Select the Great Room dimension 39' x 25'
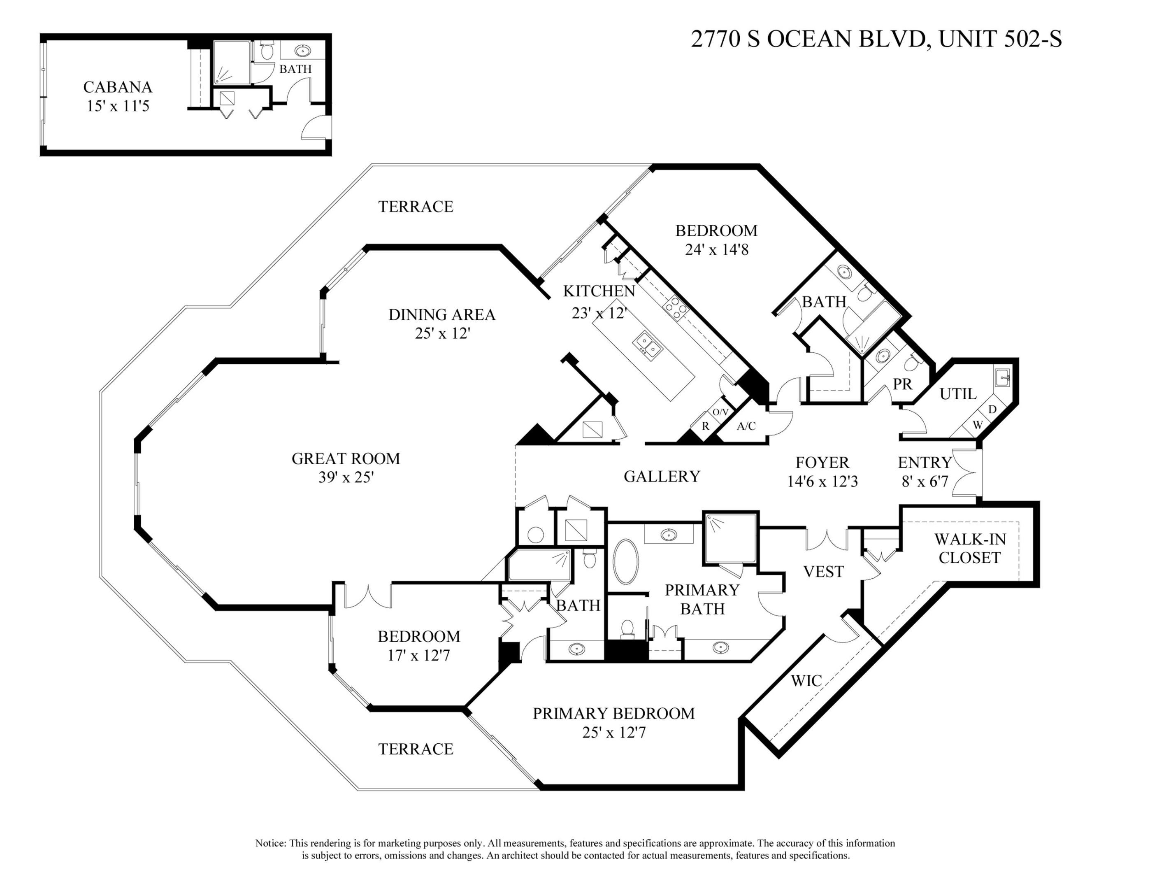click(x=346, y=477)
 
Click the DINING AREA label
click(x=442, y=315)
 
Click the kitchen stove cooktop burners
click(x=676, y=306)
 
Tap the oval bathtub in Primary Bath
click(x=625, y=561)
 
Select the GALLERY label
click(x=662, y=477)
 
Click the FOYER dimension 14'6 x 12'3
click(x=822, y=482)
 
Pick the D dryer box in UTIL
click(x=992, y=409)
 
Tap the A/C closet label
click(x=746, y=426)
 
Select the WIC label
click(x=806, y=681)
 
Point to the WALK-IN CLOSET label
click(x=969, y=548)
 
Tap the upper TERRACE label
click(x=416, y=207)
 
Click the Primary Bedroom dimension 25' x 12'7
click(x=613, y=733)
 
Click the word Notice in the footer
click(x=271, y=843)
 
